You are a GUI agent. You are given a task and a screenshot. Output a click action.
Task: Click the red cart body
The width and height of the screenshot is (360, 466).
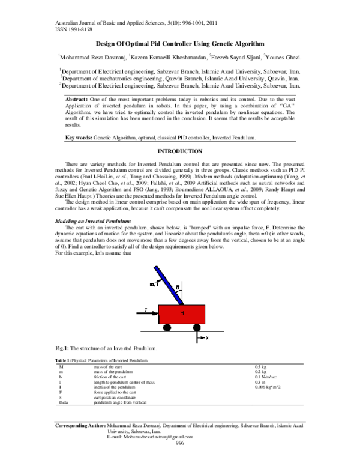coord(182,315)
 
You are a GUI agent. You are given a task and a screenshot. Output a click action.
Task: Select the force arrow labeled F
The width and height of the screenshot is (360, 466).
coord(149,310)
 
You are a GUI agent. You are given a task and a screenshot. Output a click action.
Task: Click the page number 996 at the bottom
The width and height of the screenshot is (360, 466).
coord(179,459)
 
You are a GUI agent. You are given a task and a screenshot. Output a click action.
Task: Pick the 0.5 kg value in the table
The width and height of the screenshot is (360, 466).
coord(261,366)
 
